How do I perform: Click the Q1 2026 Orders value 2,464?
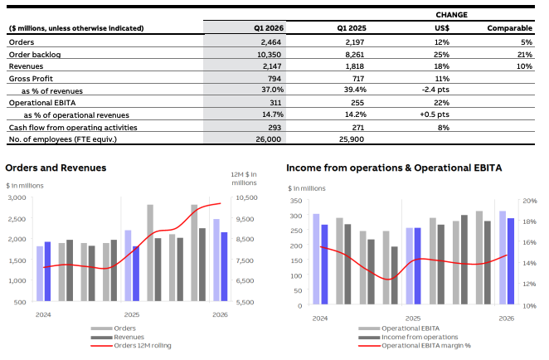(272, 41)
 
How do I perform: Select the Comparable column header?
(509, 28)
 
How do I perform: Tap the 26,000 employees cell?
(270, 139)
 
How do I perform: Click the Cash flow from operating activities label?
(73, 127)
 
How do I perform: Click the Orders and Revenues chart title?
(56, 168)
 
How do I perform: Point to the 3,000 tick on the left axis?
(16, 198)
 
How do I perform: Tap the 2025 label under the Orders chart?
(131, 315)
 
